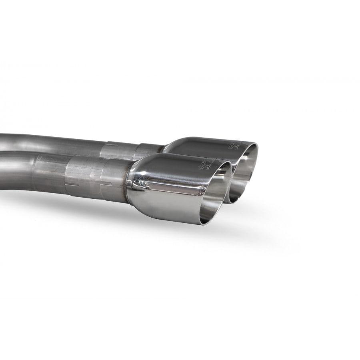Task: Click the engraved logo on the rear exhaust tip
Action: (233, 146)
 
